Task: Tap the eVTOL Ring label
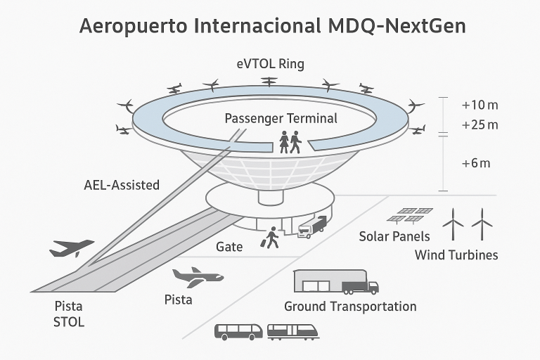point(270,65)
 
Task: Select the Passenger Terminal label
point(281,118)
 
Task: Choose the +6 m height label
point(475,163)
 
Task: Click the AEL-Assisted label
point(122,186)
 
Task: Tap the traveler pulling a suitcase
point(271,237)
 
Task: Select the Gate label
point(229,247)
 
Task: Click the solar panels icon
point(413,214)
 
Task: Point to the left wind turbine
point(454,223)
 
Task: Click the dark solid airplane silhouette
point(72,247)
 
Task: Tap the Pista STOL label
point(68,314)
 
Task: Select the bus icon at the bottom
point(238,331)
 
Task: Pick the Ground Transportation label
point(350,307)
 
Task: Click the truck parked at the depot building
point(360,286)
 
